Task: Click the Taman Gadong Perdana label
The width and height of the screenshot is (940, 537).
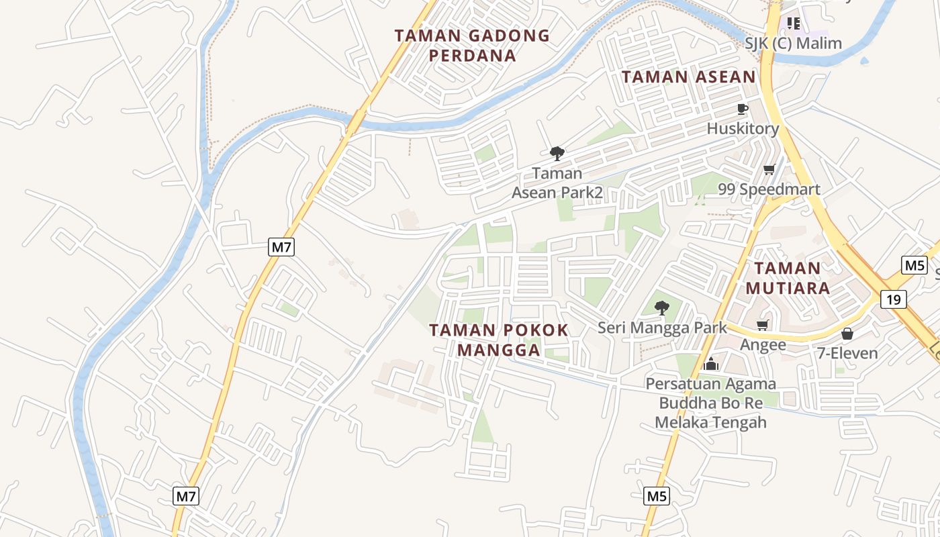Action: tap(472, 45)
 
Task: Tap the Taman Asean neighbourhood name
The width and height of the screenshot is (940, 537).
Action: tap(689, 77)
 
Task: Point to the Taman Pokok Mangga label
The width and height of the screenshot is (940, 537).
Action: tap(499, 340)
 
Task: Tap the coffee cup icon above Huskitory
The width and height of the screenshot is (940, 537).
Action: tap(742, 109)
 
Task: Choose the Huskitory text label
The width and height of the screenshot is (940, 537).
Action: tap(743, 129)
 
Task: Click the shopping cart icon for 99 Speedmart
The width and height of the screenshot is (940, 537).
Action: tap(769, 170)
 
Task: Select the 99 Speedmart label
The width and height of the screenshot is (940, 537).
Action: tap(769, 189)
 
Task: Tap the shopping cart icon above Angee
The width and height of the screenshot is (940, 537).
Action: tap(762, 326)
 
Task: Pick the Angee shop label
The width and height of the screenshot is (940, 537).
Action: tap(763, 345)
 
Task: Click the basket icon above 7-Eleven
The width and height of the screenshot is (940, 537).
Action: tap(847, 334)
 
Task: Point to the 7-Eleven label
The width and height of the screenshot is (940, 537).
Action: tap(847, 353)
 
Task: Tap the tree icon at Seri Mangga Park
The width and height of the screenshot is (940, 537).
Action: tap(662, 308)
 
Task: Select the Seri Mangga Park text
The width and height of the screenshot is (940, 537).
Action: tap(662, 328)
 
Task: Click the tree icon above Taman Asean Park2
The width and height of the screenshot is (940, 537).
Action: tap(557, 154)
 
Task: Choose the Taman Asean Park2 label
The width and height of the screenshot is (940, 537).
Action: tap(557, 183)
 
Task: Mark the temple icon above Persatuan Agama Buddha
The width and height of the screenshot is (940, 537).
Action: tap(710, 364)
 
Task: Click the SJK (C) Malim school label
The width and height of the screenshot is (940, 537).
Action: tap(793, 44)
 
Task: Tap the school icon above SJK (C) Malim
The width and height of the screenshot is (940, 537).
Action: tap(794, 24)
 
